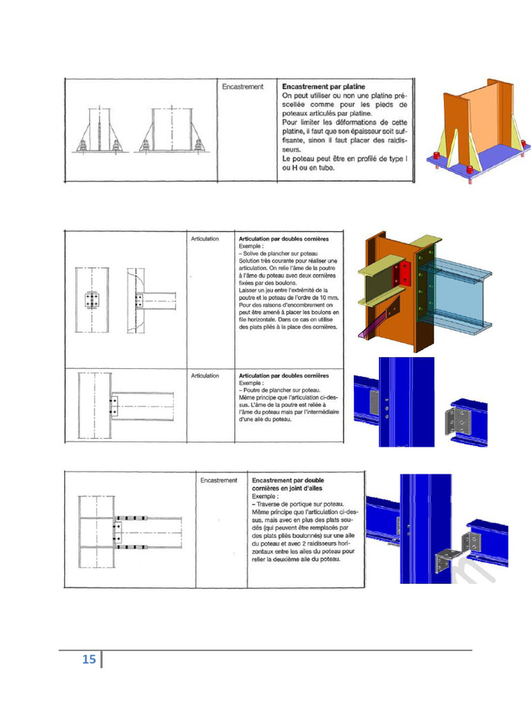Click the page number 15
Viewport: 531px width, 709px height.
[88, 659]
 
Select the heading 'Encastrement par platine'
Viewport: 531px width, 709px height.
[324, 87]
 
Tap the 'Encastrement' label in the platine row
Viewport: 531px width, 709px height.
[243, 87]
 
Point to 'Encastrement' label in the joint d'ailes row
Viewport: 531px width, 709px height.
[218, 480]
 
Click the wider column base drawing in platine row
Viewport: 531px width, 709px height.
[171, 132]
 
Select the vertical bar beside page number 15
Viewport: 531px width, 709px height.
[102, 659]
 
